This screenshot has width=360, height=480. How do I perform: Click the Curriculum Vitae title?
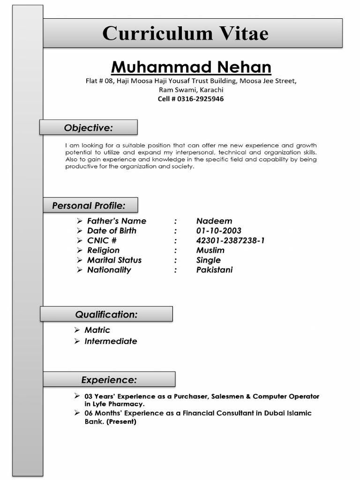pyautogui.click(x=185, y=34)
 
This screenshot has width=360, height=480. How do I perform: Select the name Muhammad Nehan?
pyautogui.click(x=191, y=67)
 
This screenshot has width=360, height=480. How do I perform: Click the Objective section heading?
pyautogui.click(x=88, y=127)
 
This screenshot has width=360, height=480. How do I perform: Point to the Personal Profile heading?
pyautogui.click(x=89, y=205)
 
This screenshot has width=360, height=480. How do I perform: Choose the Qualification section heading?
pyautogui.click(x=106, y=315)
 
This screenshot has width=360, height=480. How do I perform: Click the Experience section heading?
pyautogui.click(x=109, y=380)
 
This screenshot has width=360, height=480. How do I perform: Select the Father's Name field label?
pyautogui.click(x=116, y=221)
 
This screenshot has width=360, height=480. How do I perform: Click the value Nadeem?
pyautogui.click(x=214, y=221)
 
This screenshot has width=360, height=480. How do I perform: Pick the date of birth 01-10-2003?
pyautogui.click(x=218, y=231)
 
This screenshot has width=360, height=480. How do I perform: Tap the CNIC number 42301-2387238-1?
pyautogui.click(x=230, y=240)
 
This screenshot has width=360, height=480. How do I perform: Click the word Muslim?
pyautogui.click(x=210, y=250)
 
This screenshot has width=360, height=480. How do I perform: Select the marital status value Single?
pyautogui.click(x=208, y=260)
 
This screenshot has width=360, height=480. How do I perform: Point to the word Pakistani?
pyautogui.click(x=214, y=270)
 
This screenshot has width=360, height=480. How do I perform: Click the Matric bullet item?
pyautogui.click(x=97, y=330)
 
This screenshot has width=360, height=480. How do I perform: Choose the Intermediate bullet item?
pyautogui.click(x=111, y=341)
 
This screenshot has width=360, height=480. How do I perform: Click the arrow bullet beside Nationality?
pyautogui.click(x=80, y=270)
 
